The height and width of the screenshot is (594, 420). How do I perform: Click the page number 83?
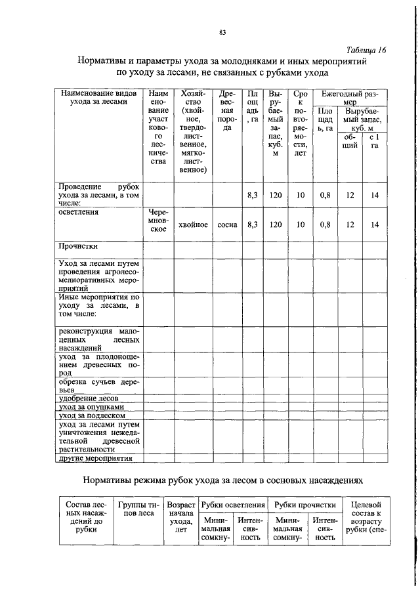click(222, 32)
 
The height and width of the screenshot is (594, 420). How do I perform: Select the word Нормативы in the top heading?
click(108, 61)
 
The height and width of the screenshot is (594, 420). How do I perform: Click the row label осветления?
click(79, 213)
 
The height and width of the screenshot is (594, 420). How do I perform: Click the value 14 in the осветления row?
click(375, 224)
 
